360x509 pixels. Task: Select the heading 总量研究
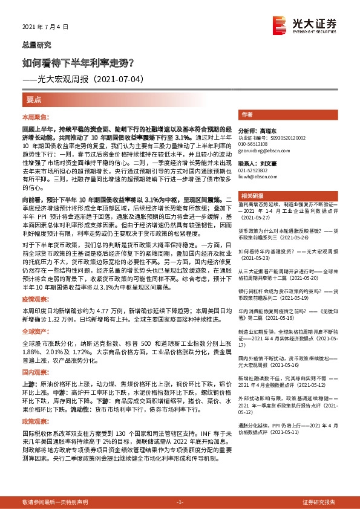point(36,45)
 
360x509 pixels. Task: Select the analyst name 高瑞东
point(266,131)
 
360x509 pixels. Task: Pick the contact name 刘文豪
point(266,163)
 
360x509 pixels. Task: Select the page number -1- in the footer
point(180,502)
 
